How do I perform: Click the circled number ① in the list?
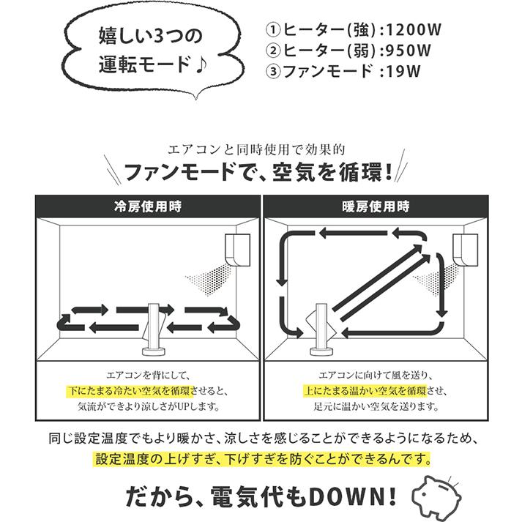click(x=272, y=31)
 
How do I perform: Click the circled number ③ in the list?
click(x=272, y=72)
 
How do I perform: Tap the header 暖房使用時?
click(x=376, y=206)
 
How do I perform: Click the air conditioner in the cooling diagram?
click(x=238, y=250)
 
